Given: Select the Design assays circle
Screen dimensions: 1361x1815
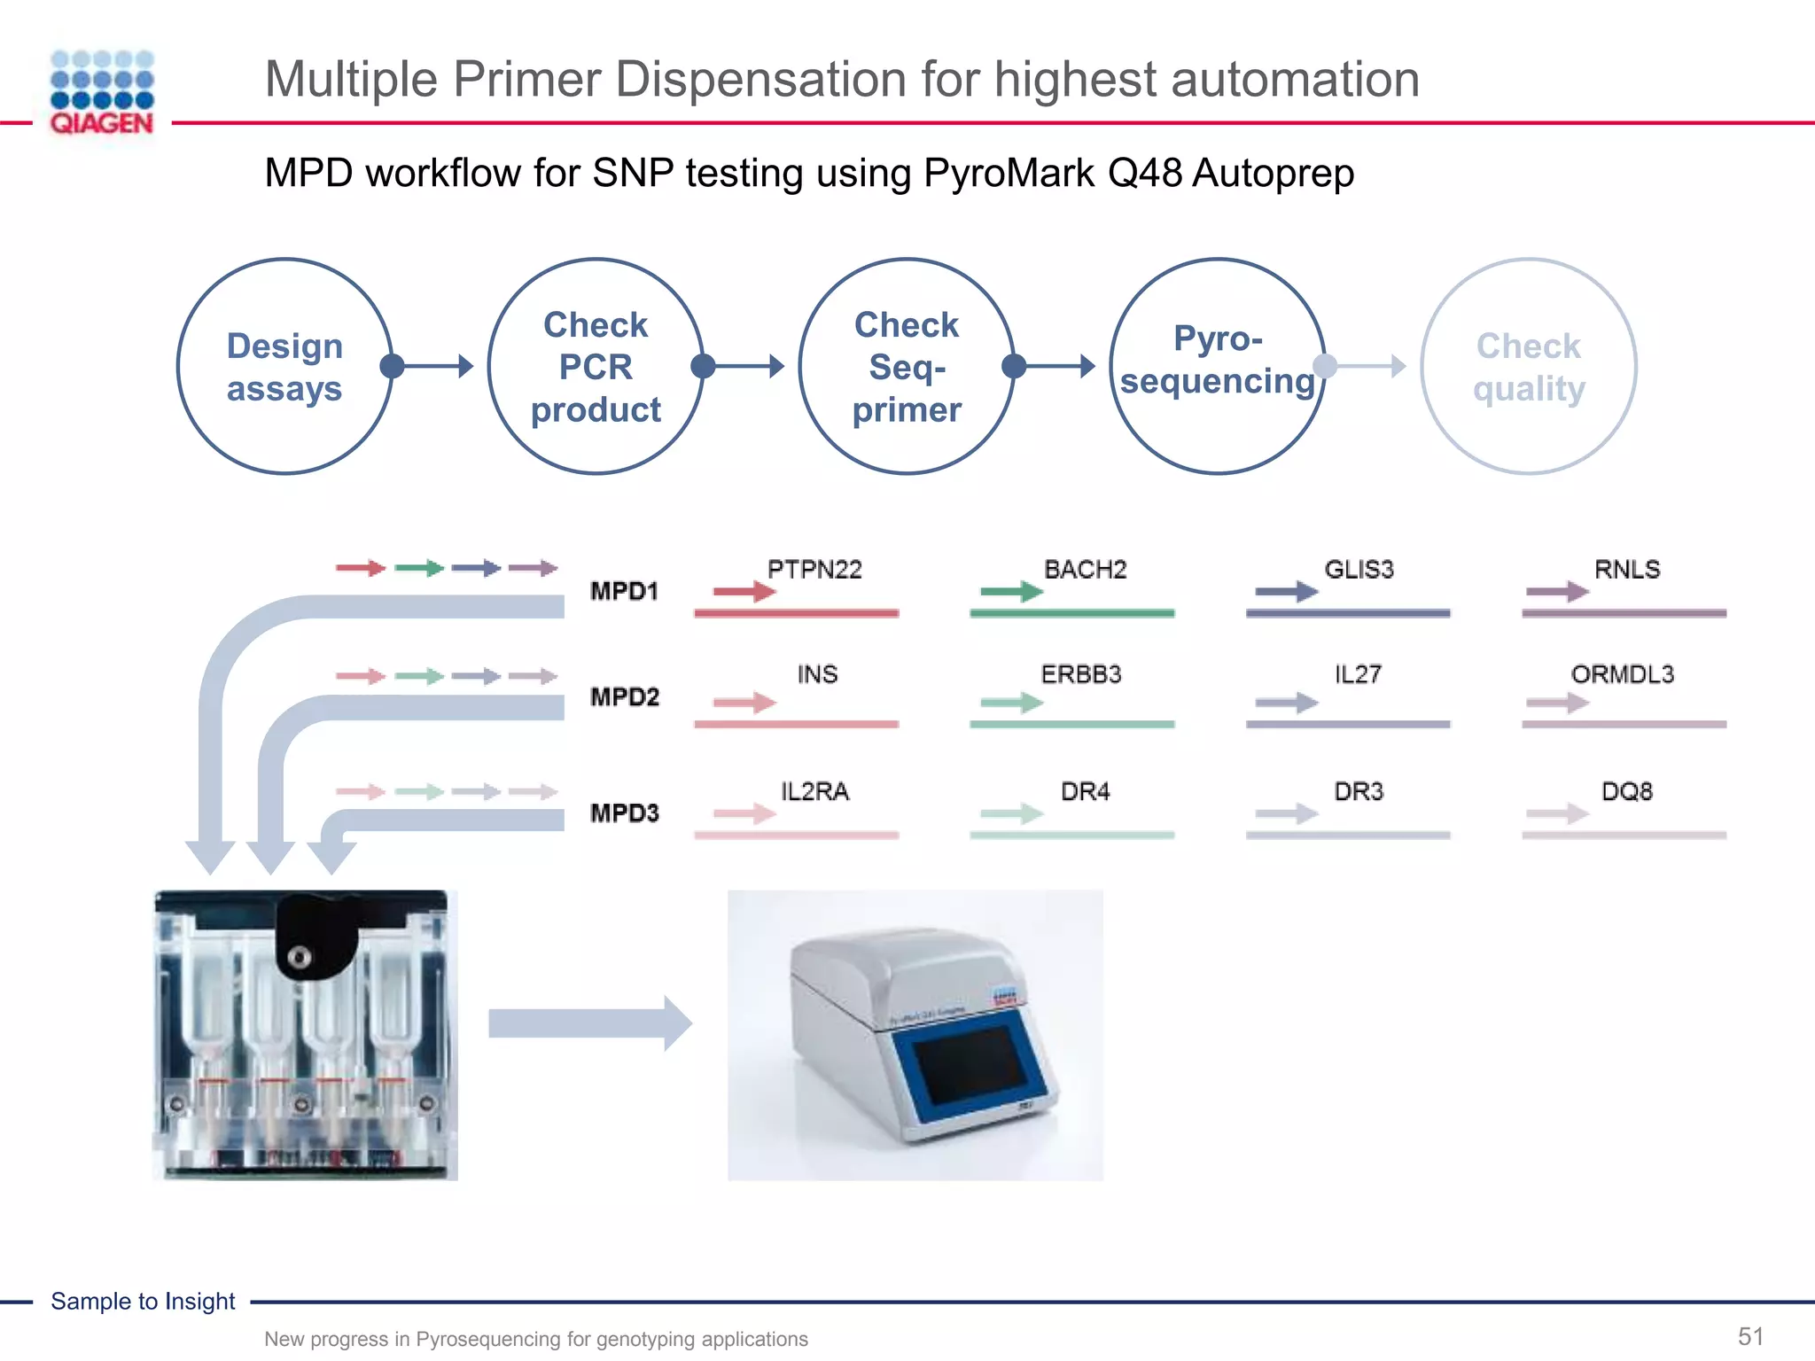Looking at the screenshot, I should [284, 367].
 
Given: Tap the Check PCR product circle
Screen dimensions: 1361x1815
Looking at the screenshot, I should [596, 367].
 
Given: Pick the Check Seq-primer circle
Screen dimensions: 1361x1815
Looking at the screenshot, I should [907, 367].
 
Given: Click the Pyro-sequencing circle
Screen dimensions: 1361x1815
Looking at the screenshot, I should [1218, 367].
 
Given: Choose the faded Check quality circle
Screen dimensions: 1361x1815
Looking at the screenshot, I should [1529, 367].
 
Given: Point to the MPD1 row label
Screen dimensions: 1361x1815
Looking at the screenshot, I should [625, 591].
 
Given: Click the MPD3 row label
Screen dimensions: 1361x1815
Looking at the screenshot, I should [625, 813].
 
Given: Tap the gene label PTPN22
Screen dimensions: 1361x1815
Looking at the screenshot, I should [814, 570].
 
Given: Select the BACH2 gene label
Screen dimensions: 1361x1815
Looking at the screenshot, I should [1085, 570].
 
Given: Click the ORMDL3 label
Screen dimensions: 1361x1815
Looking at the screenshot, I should [1623, 674].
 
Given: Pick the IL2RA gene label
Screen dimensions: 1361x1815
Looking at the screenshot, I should [814, 791].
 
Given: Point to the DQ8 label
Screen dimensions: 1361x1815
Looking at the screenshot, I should [1627, 791].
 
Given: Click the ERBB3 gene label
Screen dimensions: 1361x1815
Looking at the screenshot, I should [1081, 674].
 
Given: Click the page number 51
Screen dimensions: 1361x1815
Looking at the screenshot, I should [1750, 1336].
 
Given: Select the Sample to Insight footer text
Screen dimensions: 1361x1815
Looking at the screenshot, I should [143, 1301].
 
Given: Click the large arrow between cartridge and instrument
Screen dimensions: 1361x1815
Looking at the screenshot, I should [589, 1023].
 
